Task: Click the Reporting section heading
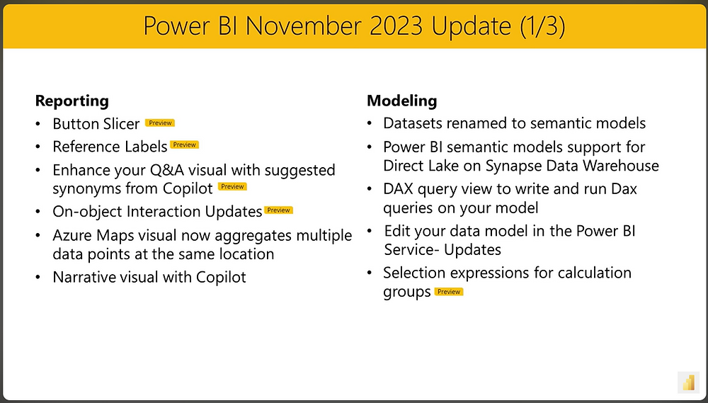(72, 101)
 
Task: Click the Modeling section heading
(401, 101)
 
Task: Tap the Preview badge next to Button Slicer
(160, 123)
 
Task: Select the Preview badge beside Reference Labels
(185, 145)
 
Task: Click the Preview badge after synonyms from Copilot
(232, 187)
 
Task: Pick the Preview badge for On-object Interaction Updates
(278, 210)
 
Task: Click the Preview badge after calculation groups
(448, 292)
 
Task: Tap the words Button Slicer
(96, 124)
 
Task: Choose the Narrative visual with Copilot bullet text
(149, 277)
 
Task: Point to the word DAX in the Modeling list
(399, 189)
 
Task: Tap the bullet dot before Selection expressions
(370, 273)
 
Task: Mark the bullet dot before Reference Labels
(38, 147)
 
